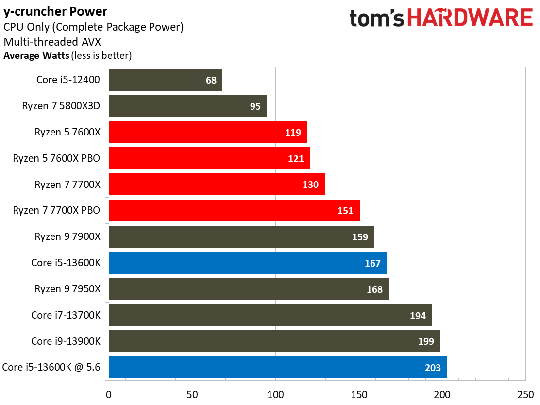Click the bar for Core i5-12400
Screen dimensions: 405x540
[x=165, y=80]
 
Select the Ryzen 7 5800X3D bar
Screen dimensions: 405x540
[x=187, y=106]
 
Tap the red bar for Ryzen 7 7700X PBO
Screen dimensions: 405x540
[x=234, y=210]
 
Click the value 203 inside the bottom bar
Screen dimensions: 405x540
[x=433, y=368]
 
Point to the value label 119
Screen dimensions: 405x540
[x=293, y=133]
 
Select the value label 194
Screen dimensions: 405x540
[x=418, y=316]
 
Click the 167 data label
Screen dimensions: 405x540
[x=372, y=263]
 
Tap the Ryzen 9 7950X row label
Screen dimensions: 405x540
[x=67, y=289]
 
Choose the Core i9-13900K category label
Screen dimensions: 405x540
[x=66, y=341]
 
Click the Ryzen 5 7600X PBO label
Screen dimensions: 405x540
[x=56, y=158]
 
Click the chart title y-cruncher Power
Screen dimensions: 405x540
[x=55, y=11]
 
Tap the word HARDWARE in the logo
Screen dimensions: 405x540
[x=470, y=18]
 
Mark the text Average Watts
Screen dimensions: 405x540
[x=36, y=55]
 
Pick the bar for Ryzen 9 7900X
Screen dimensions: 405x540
[x=241, y=237]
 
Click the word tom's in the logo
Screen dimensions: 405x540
[x=377, y=18]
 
